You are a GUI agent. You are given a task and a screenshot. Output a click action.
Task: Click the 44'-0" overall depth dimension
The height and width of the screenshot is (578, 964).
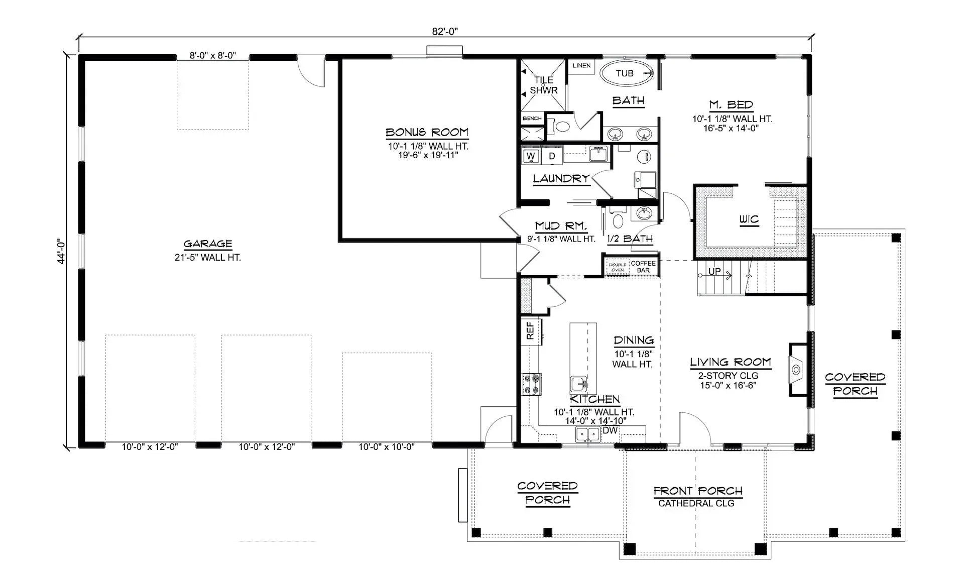pyautogui.click(x=61, y=251)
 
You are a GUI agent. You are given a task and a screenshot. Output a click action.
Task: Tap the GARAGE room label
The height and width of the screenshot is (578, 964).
pyautogui.click(x=207, y=244)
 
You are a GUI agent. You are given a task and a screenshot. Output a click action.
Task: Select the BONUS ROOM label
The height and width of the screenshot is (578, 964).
pyautogui.click(x=427, y=133)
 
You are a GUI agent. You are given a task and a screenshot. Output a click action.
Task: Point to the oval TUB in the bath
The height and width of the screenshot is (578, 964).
pyautogui.click(x=625, y=73)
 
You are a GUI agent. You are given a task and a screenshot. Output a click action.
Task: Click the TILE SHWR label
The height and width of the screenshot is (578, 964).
pyautogui.click(x=544, y=85)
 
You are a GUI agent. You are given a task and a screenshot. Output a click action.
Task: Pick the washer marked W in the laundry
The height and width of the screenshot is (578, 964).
pyautogui.click(x=531, y=156)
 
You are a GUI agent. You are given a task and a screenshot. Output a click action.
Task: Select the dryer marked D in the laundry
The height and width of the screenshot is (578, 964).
pyautogui.click(x=552, y=156)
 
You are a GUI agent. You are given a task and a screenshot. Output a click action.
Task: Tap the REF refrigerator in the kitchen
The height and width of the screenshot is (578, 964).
pyautogui.click(x=530, y=330)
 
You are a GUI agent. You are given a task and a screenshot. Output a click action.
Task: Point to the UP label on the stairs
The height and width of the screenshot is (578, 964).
pyautogui.click(x=714, y=272)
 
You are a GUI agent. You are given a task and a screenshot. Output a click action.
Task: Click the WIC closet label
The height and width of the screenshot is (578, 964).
pyautogui.click(x=749, y=219)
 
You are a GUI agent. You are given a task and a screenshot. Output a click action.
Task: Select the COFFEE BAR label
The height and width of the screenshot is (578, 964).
pyautogui.click(x=643, y=267)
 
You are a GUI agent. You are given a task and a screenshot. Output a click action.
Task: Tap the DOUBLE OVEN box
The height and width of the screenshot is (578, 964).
pyautogui.click(x=617, y=267)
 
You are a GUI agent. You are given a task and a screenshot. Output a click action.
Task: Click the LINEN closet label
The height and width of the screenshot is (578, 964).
pyautogui.click(x=581, y=66)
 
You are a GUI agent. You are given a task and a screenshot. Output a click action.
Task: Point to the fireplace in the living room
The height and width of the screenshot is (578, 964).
pyautogui.click(x=797, y=370)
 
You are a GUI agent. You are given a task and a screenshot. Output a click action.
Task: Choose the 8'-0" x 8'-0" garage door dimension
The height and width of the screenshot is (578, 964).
pyautogui.click(x=212, y=55)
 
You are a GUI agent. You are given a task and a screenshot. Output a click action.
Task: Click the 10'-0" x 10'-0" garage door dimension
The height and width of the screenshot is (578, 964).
pyautogui.click(x=386, y=446)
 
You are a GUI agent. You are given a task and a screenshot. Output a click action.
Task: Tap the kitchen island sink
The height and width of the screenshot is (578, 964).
pyautogui.click(x=579, y=384)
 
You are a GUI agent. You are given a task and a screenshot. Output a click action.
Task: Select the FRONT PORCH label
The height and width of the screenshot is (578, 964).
pyautogui.click(x=697, y=491)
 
